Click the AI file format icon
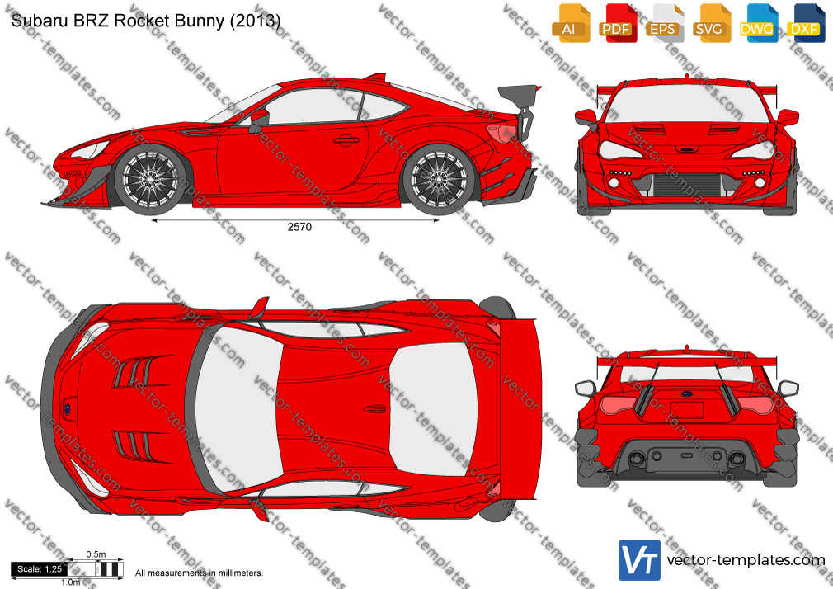point(571,23)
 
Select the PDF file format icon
point(618,23)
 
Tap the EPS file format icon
point(665,23)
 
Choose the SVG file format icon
point(711,23)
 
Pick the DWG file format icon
point(759,23)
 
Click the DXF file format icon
point(806,23)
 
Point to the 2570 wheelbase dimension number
point(299,227)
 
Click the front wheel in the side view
point(151,179)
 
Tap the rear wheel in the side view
point(439,179)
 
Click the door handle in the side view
point(346,140)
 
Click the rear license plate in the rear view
point(687,410)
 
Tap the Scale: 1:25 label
point(40,569)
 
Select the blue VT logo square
point(640,560)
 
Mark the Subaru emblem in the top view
point(68,409)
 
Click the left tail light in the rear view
point(619,404)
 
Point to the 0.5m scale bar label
point(96,554)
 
